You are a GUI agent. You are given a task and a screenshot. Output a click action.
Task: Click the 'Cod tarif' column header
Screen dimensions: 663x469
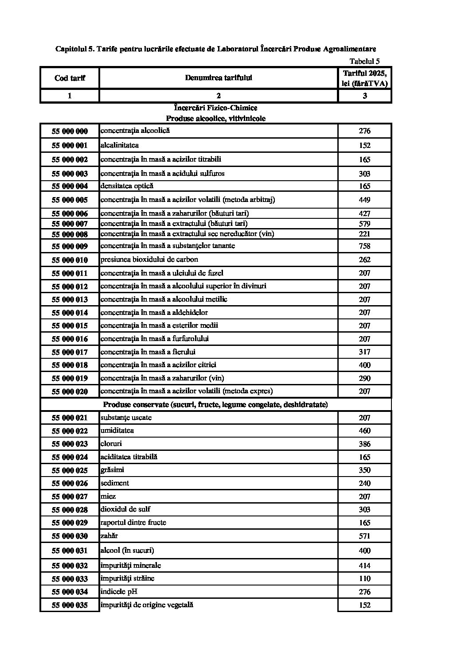[x=70, y=78]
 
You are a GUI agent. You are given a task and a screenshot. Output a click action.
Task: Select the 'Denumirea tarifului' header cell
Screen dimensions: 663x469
[x=219, y=78]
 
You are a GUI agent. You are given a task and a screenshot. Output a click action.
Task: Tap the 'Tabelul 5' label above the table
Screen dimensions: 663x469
[x=364, y=62]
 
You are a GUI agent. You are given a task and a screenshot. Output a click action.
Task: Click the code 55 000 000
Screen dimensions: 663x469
[x=70, y=131]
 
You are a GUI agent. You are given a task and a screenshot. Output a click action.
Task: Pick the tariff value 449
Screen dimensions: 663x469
[x=364, y=200]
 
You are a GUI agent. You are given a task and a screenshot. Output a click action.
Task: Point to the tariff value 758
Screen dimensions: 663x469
[x=364, y=246]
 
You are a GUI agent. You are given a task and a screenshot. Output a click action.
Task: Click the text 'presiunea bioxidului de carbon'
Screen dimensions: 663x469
[x=149, y=259]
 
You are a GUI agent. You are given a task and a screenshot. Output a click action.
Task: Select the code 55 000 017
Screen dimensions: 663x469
[x=70, y=352]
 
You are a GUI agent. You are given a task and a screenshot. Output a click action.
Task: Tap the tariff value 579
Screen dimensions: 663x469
[x=364, y=224]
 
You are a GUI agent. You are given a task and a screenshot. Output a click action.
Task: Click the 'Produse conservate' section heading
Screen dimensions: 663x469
[x=215, y=404]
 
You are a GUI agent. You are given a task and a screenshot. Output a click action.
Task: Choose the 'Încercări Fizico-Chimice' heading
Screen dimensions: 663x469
[x=216, y=108]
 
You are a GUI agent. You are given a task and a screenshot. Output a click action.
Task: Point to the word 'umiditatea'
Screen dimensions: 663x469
[x=117, y=430]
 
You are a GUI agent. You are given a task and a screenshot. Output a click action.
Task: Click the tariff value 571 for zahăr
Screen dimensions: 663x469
[x=364, y=536]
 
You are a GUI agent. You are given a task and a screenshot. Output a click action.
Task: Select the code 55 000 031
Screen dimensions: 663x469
[x=70, y=551]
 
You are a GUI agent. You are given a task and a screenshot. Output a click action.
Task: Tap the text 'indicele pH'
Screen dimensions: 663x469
[x=119, y=591]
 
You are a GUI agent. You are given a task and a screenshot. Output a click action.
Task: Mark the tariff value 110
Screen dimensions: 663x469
[x=364, y=578]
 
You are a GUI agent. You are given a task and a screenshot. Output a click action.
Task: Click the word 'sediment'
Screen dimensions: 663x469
[x=115, y=483]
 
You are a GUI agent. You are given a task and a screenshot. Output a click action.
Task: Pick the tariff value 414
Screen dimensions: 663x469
[x=364, y=566]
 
